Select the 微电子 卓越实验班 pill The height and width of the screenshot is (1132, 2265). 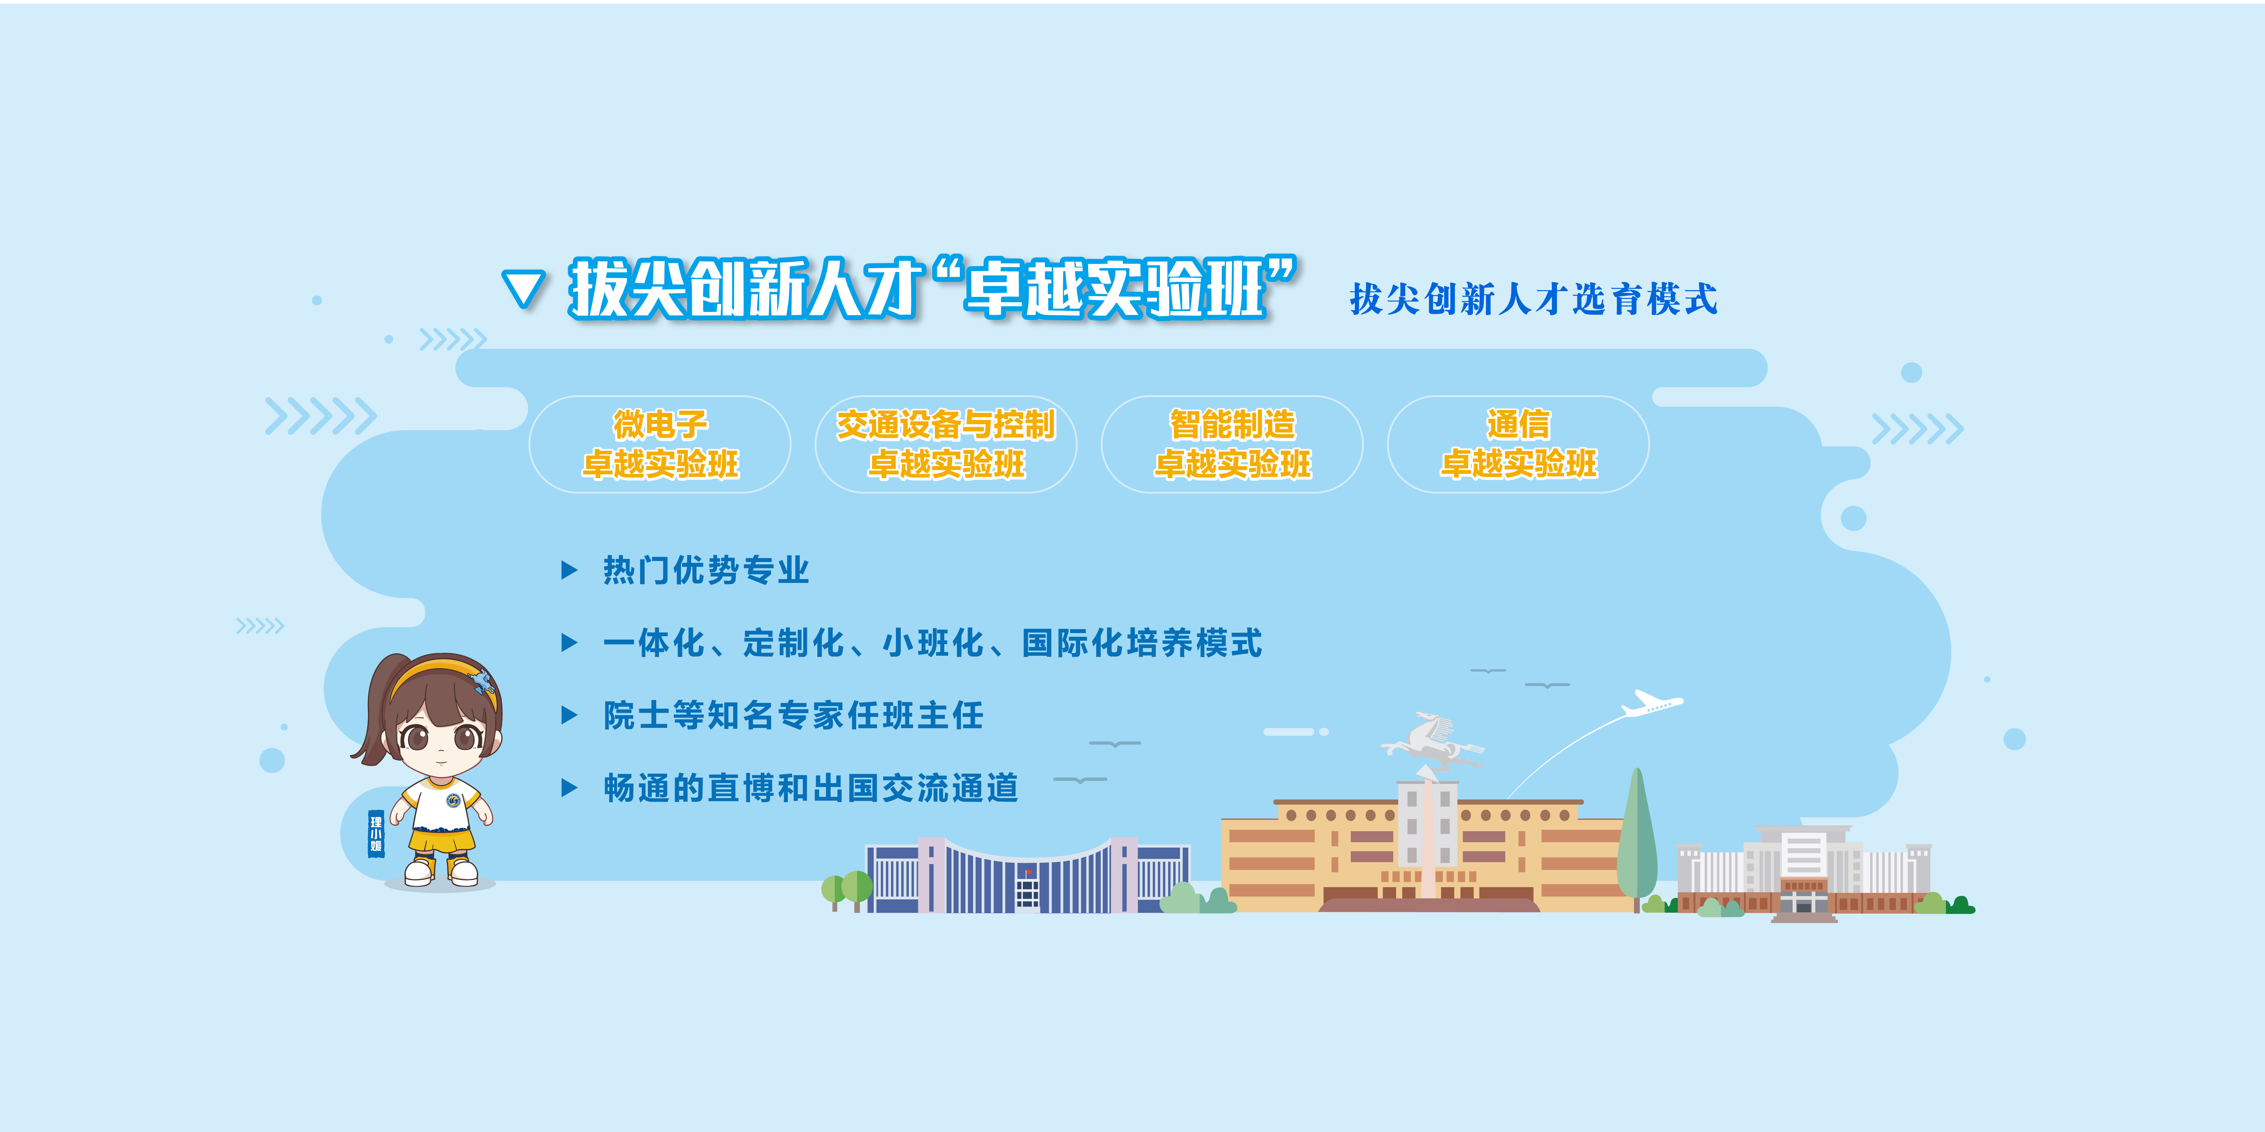[x=659, y=444]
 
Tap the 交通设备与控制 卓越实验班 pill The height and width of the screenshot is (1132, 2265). [x=946, y=444]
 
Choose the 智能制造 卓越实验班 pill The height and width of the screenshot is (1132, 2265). [x=1232, y=444]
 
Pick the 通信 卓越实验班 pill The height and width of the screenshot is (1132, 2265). [x=1518, y=444]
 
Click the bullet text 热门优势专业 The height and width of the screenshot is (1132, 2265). [x=706, y=571]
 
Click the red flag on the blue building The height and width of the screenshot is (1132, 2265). [x=1029, y=872]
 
